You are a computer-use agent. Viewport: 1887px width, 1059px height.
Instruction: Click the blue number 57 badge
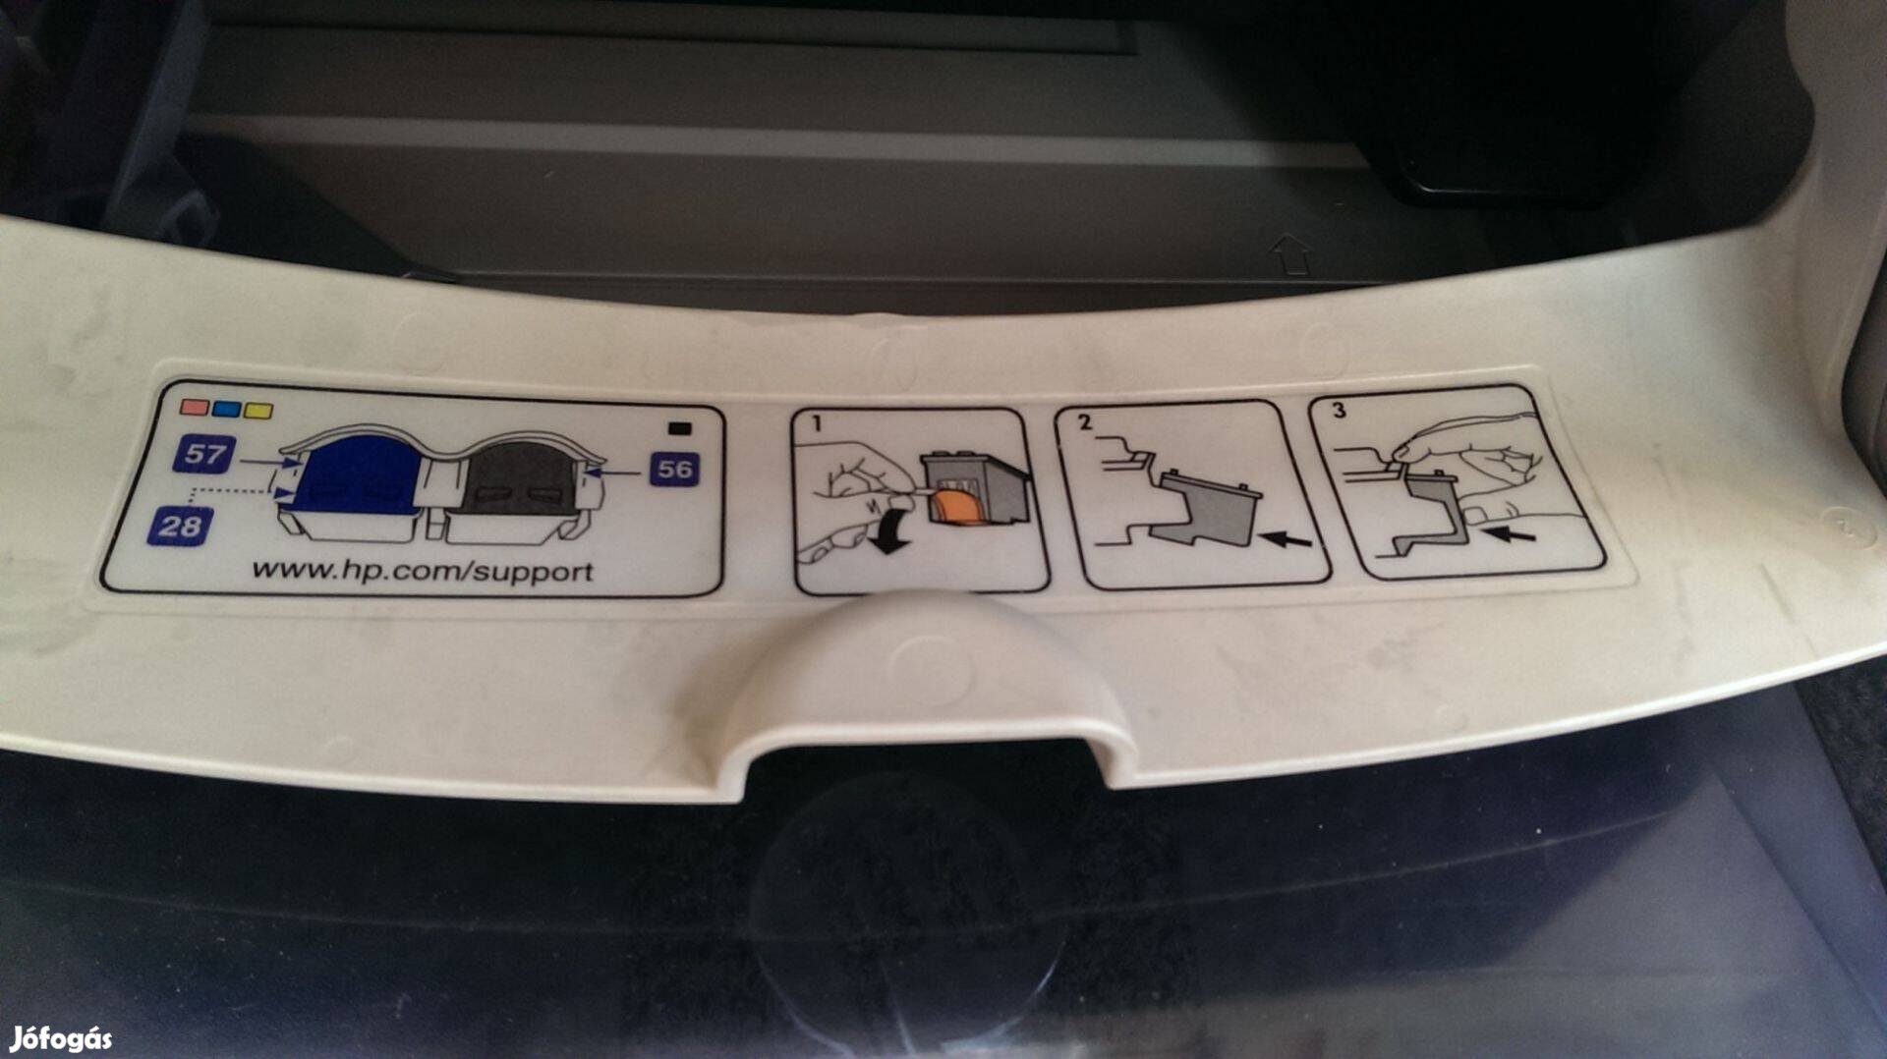click(204, 454)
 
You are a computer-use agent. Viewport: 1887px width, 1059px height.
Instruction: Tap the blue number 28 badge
click(180, 526)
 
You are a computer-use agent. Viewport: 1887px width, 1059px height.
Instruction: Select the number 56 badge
click(674, 469)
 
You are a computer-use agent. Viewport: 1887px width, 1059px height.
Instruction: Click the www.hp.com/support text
click(423, 571)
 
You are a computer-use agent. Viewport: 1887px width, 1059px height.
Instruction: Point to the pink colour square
click(194, 407)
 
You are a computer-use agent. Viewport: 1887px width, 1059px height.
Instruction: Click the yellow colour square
click(258, 411)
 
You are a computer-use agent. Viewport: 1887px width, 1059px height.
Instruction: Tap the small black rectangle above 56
click(679, 428)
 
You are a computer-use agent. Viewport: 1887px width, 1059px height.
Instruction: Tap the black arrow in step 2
click(1285, 538)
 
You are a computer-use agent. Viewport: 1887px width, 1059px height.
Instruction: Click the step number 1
click(816, 424)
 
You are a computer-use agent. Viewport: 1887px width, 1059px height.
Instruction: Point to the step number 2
click(1084, 422)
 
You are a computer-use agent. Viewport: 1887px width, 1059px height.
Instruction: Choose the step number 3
click(1339, 411)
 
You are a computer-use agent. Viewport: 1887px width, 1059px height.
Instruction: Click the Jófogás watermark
click(61, 1038)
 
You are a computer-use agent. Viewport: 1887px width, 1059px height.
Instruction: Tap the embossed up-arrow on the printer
click(1291, 253)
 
